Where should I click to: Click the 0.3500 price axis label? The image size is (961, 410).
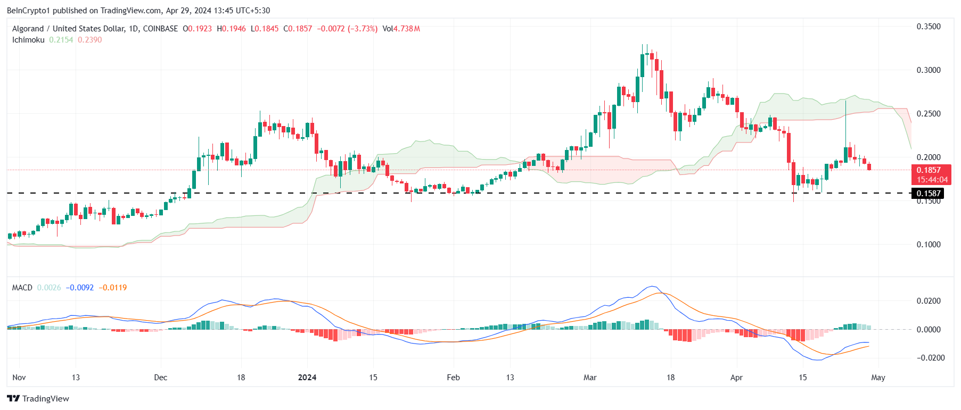(928, 27)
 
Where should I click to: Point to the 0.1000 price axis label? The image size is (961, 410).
(928, 245)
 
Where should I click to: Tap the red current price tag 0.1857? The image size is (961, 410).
(928, 170)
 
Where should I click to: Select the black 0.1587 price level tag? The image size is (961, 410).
(928, 194)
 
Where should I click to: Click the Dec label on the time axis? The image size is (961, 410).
(160, 378)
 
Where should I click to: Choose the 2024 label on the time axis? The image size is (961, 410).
(307, 378)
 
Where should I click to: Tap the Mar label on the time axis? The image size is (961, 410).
(590, 378)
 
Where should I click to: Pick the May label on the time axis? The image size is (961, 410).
(878, 378)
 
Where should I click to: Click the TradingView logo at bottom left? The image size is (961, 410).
(38, 399)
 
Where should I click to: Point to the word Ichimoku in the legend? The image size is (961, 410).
(28, 40)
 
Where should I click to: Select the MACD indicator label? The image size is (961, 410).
(22, 288)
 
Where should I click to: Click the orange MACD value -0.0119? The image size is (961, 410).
(114, 288)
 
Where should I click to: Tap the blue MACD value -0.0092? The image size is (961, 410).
(80, 288)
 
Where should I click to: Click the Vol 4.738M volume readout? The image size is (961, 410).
(401, 29)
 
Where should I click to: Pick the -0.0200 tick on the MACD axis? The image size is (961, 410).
(930, 358)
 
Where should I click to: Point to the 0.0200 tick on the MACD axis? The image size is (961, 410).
(929, 301)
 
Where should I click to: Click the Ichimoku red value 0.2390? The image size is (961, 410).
(90, 40)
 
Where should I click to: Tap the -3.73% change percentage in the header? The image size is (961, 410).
(363, 29)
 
